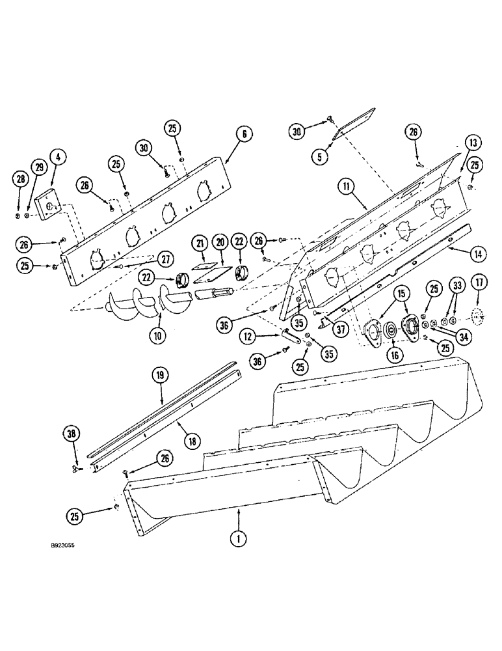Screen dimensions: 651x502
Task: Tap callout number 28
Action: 21,178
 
